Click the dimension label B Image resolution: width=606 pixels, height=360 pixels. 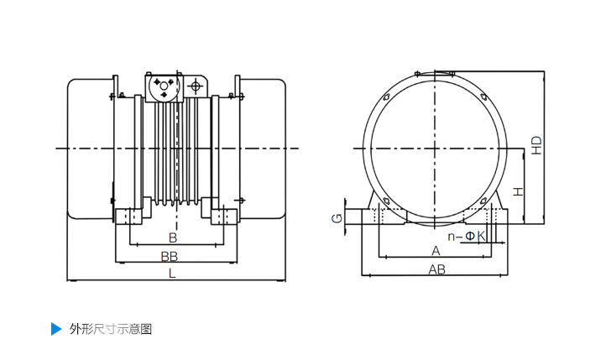tap(173, 237)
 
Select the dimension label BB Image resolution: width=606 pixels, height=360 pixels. tap(170, 256)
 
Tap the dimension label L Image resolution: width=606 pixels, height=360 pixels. tap(172, 274)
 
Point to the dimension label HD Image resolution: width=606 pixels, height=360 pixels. tap(537, 146)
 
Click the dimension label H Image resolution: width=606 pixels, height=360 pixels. tap(518, 191)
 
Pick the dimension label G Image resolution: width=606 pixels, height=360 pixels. tap(337, 219)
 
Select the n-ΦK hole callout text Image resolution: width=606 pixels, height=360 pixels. tap(467, 236)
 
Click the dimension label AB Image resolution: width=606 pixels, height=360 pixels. tap(436, 269)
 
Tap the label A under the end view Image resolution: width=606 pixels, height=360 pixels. tap(436, 251)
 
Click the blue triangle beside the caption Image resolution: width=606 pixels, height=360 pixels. tap(56, 329)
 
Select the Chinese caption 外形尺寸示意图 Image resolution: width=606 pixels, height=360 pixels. tap(111, 329)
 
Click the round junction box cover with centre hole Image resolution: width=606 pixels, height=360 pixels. tap(164, 86)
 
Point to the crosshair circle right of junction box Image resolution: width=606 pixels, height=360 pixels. tap(196, 86)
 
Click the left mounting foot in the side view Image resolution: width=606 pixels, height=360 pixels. tap(129, 217)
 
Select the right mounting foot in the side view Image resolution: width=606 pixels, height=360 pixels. tap(224, 217)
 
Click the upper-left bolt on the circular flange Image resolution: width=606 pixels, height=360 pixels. tap(385, 97)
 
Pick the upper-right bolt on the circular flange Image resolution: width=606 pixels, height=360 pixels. tap(483, 97)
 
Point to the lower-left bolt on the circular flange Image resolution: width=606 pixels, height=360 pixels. tap(385, 200)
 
